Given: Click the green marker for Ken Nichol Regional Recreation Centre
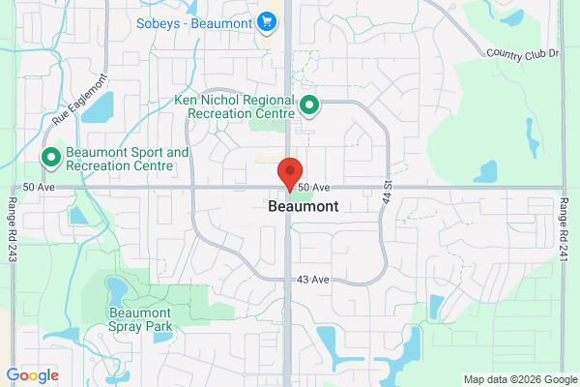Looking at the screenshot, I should (x=309, y=104).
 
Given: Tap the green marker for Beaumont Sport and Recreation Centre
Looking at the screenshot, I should (x=49, y=157).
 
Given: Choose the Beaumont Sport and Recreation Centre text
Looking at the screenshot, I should (x=128, y=160).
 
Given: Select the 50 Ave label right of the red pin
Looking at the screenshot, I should (x=314, y=187).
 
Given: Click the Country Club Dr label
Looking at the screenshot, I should (x=523, y=53).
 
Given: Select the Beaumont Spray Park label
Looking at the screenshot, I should (x=141, y=319).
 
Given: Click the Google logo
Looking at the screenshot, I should (x=33, y=375).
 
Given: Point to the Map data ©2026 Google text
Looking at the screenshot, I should (x=518, y=379).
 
